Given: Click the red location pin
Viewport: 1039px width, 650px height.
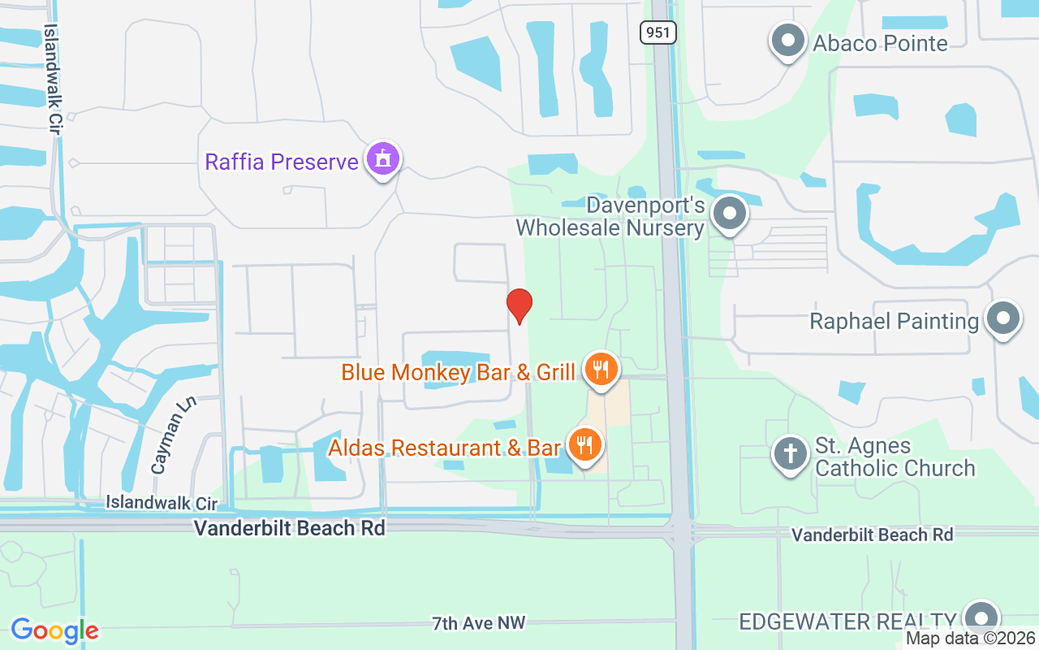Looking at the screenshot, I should pyautogui.click(x=519, y=305).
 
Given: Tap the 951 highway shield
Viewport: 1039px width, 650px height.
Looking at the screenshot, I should pyautogui.click(x=657, y=32).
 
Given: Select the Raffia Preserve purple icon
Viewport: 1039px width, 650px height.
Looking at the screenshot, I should pyautogui.click(x=382, y=159).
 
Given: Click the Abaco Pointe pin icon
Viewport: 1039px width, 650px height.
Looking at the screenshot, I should pyautogui.click(x=787, y=41).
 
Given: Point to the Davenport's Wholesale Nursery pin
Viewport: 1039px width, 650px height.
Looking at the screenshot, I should pyautogui.click(x=730, y=214).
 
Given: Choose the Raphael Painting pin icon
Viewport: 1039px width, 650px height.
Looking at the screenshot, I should pyautogui.click(x=1003, y=319).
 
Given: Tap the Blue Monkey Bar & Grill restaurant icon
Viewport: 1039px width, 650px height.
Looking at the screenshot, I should pyautogui.click(x=600, y=370).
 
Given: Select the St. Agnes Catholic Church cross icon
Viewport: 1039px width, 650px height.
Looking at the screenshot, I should pyautogui.click(x=790, y=453).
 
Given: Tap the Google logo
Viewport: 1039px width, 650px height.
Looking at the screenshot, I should pyautogui.click(x=54, y=630).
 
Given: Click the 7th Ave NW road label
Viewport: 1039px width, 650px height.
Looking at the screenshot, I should pyautogui.click(x=479, y=623).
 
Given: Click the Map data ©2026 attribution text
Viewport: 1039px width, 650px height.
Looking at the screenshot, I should pyautogui.click(x=971, y=639).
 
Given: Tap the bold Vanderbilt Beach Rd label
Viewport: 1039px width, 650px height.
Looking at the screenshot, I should pyautogui.click(x=289, y=528).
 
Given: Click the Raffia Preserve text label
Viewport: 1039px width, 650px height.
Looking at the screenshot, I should pyautogui.click(x=282, y=162).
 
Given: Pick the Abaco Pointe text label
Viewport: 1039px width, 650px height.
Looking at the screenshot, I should pyautogui.click(x=881, y=43).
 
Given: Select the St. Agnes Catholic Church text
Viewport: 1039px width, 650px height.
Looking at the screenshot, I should pyautogui.click(x=895, y=457).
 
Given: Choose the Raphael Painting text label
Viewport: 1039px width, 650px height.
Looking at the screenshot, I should pyautogui.click(x=895, y=321).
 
